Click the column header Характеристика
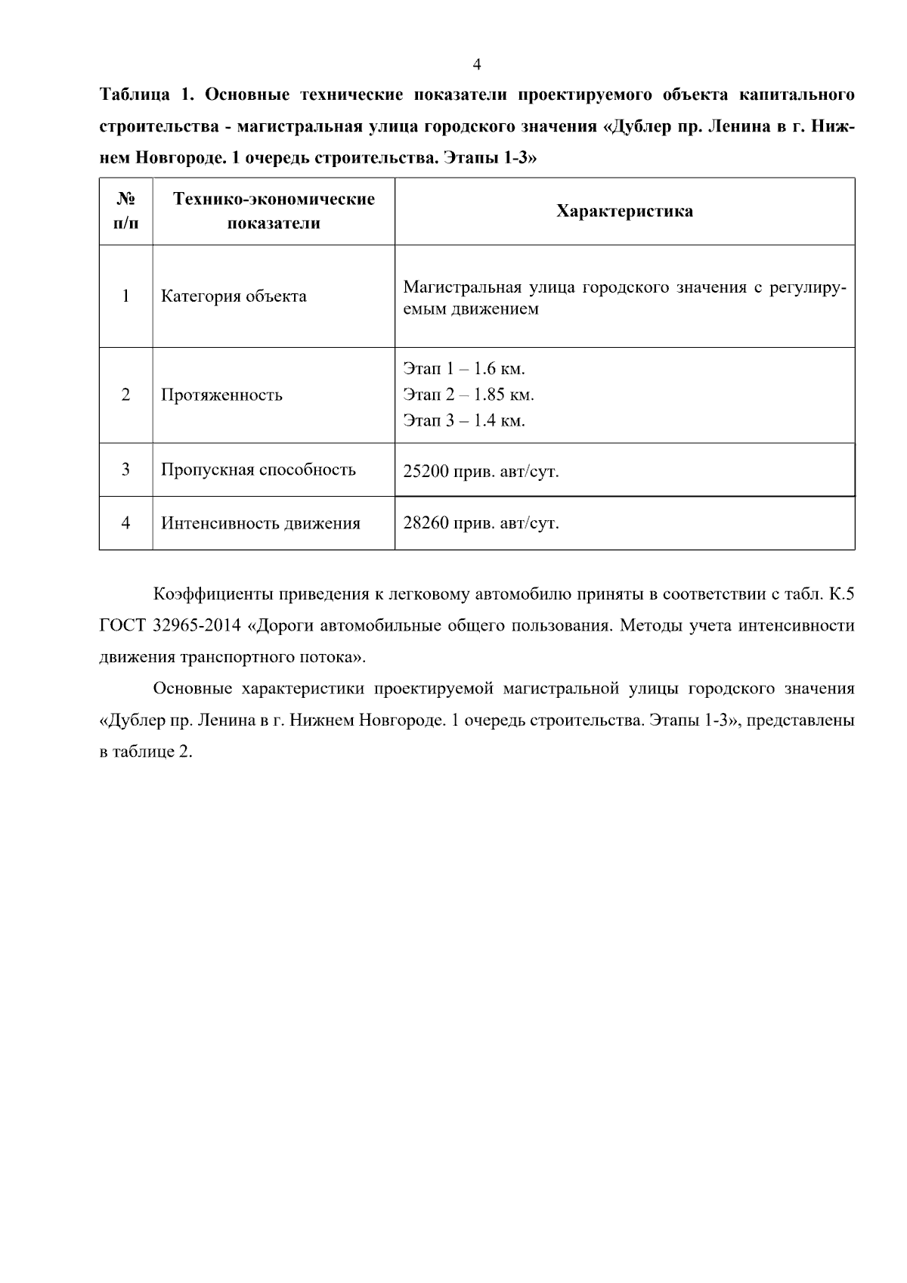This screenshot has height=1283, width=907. coord(624,212)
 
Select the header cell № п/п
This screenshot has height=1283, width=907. coord(125,211)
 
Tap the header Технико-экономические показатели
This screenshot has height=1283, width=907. coord(274,211)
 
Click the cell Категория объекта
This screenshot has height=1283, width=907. coord(234,296)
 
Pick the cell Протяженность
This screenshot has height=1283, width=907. coord(221,395)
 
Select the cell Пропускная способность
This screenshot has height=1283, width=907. coord(258,470)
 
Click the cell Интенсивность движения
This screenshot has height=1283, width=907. coord(260,523)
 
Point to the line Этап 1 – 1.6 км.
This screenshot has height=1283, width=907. coord(463,369)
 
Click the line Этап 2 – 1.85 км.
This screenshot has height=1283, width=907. coord(468,395)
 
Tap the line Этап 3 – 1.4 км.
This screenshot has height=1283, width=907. coord(463,420)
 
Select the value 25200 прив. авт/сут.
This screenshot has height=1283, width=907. coord(481,472)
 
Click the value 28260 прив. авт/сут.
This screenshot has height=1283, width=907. coord(481,523)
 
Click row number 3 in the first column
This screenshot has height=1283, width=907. coord(125,470)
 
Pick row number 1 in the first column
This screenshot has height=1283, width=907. coord(125,296)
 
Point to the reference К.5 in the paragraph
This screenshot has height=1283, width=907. coord(840,594)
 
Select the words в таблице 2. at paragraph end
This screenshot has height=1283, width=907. coord(146,752)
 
